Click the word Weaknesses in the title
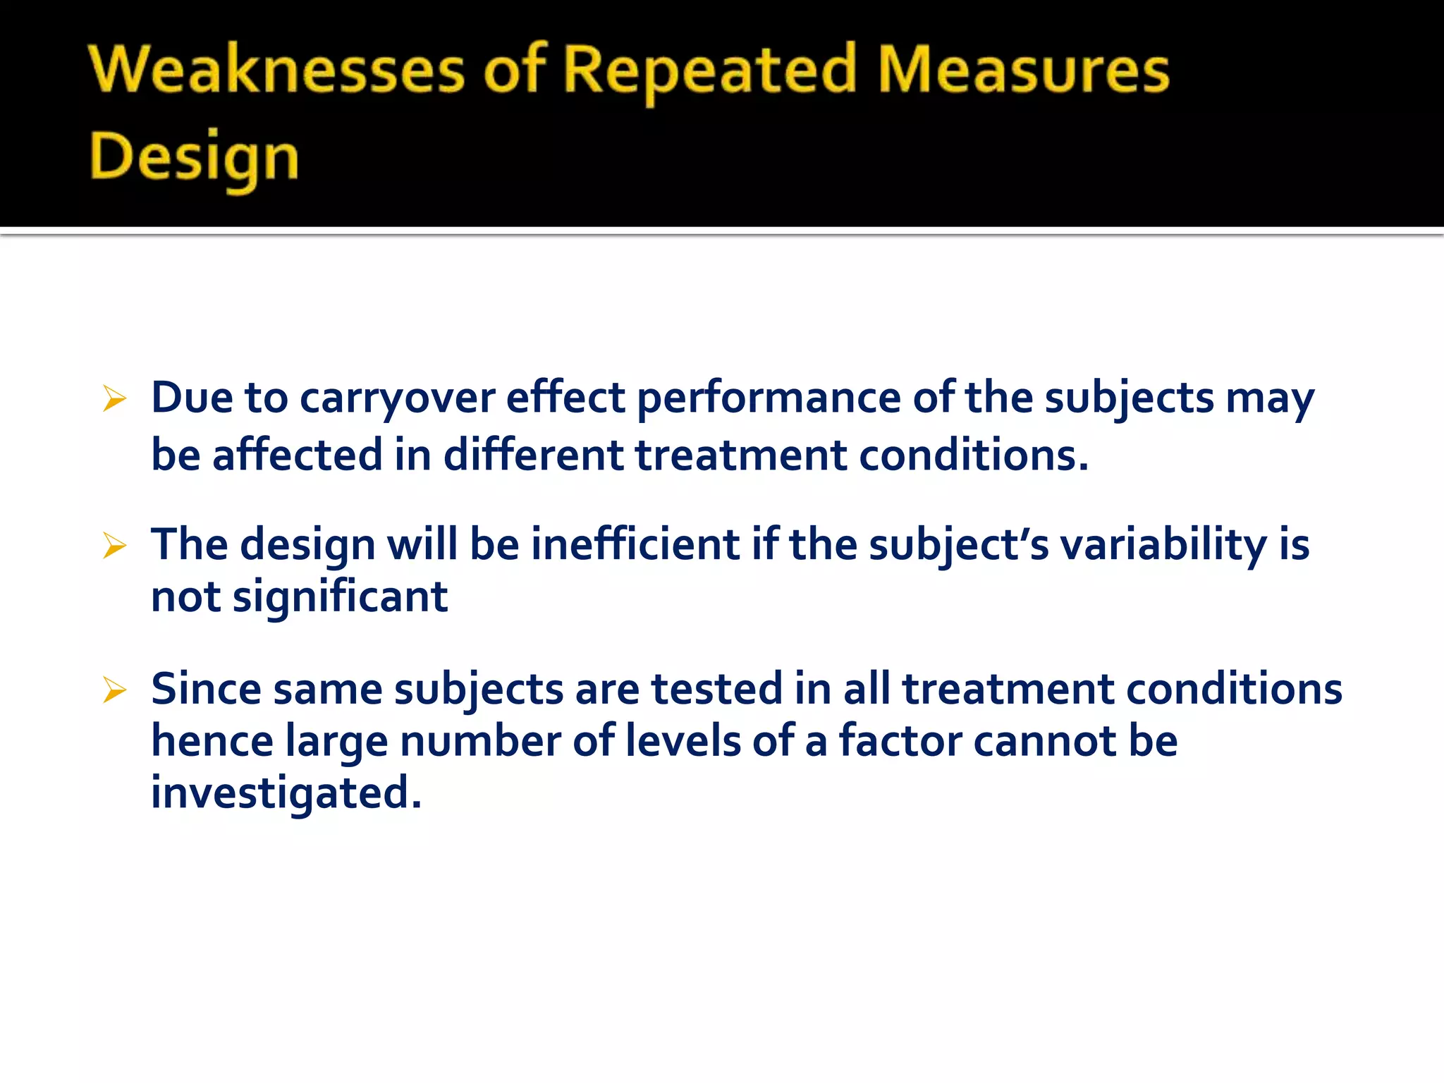pyautogui.click(x=277, y=71)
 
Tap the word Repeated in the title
pyautogui.click(x=710, y=71)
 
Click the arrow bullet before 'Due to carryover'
pyautogui.click(x=114, y=399)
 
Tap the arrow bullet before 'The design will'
pyautogui.click(x=114, y=546)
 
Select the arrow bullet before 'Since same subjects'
pyautogui.click(x=114, y=690)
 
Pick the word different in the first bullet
pyautogui.click(x=534, y=455)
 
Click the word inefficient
pyautogui.click(x=635, y=545)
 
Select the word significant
pyautogui.click(x=340, y=597)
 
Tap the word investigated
pyautogui.click(x=286, y=793)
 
